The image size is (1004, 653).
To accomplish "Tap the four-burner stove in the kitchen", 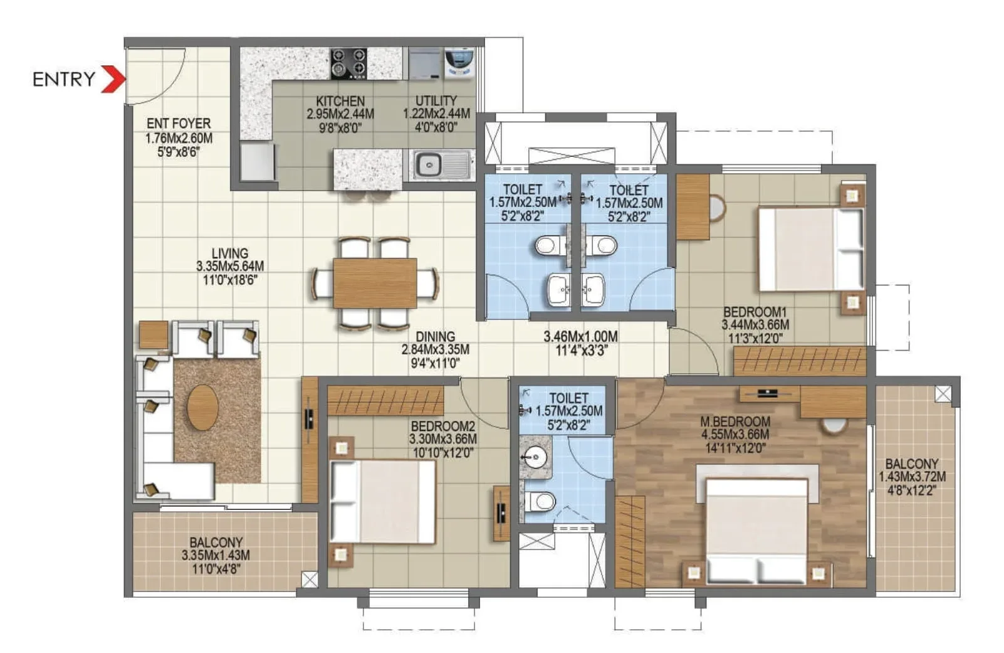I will pos(348,63).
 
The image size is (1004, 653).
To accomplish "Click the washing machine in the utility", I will pos(458,64).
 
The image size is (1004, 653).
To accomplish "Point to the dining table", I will pos(375,283).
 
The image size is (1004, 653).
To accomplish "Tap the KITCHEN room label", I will pos(340,101).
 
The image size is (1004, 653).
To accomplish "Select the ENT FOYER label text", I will pos(179,124).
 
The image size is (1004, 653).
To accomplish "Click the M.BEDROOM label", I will pos(735,422).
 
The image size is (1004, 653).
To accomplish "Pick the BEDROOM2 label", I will pos(442,427).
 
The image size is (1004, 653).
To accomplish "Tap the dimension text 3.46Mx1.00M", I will pos(580,337).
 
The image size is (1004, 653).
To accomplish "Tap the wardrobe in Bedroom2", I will pos(385,401).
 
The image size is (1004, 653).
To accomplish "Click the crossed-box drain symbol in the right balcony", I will pos(943,394).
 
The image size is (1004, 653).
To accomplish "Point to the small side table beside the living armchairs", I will pos(154,335).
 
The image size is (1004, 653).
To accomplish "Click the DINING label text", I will pos(435,337).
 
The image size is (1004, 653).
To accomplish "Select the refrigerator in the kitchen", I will pos(257,162).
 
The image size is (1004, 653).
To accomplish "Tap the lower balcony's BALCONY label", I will pos(216,542).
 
